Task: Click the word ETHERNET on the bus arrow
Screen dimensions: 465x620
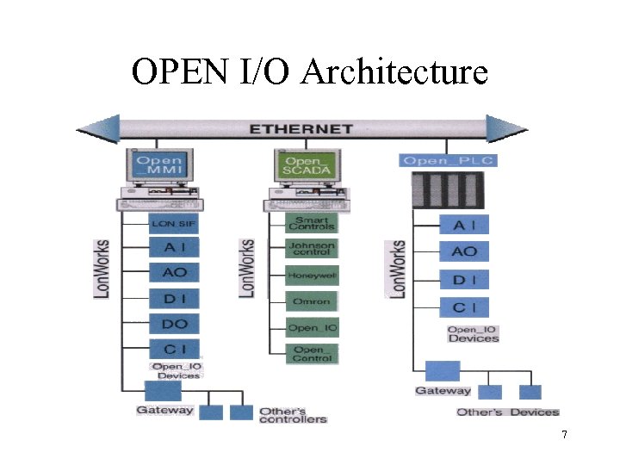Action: pyautogui.click(x=301, y=129)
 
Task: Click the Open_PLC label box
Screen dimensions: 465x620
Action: pyautogui.click(x=449, y=161)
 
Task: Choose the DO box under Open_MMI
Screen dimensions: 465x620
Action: pyautogui.click(x=175, y=324)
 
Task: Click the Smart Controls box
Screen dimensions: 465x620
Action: pyautogui.click(x=312, y=223)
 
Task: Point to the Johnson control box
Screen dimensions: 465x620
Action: pyautogui.click(x=312, y=250)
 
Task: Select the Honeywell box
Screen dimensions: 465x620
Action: pyautogui.click(x=312, y=276)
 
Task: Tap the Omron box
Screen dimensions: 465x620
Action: pyautogui.click(x=312, y=301)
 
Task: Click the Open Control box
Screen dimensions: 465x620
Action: pyautogui.click(x=312, y=353)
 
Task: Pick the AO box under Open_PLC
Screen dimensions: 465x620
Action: pyautogui.click(x=464, y=251)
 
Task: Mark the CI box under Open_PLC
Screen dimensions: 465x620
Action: pyautogui.click(x=464, y=307)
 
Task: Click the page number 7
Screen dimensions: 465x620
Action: pyautogui.click(x=564, y=435)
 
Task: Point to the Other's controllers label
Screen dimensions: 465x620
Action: pyautogui.click(x=294, y=414)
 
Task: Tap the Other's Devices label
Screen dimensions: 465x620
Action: pyautogui.click(x=508, y=412)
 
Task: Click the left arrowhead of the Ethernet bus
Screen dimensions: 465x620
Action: pyautogui.click(x=97, y=129)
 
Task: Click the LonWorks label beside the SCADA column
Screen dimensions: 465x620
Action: pyautogui.click(x=247, y=269)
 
